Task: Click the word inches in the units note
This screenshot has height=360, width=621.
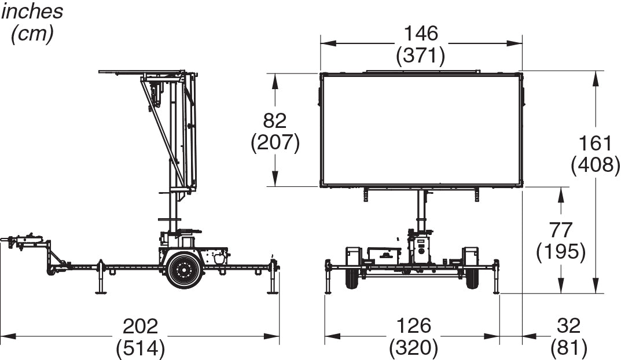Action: click(32, 11)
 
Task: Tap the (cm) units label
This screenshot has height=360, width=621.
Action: click(32, 34)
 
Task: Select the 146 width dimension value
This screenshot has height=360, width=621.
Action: click(421, 33)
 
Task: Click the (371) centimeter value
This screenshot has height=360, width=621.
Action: click(421, 56)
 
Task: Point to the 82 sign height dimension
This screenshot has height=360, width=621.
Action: click(274, 121)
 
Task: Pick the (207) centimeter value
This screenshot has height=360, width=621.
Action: click(275, 142)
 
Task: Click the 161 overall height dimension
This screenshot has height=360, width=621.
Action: click(596, 143)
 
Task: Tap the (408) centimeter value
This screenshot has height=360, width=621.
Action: click(596, 165)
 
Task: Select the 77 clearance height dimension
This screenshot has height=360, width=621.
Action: click(560, 230)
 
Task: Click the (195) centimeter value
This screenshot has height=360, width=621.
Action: click(561, 252)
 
